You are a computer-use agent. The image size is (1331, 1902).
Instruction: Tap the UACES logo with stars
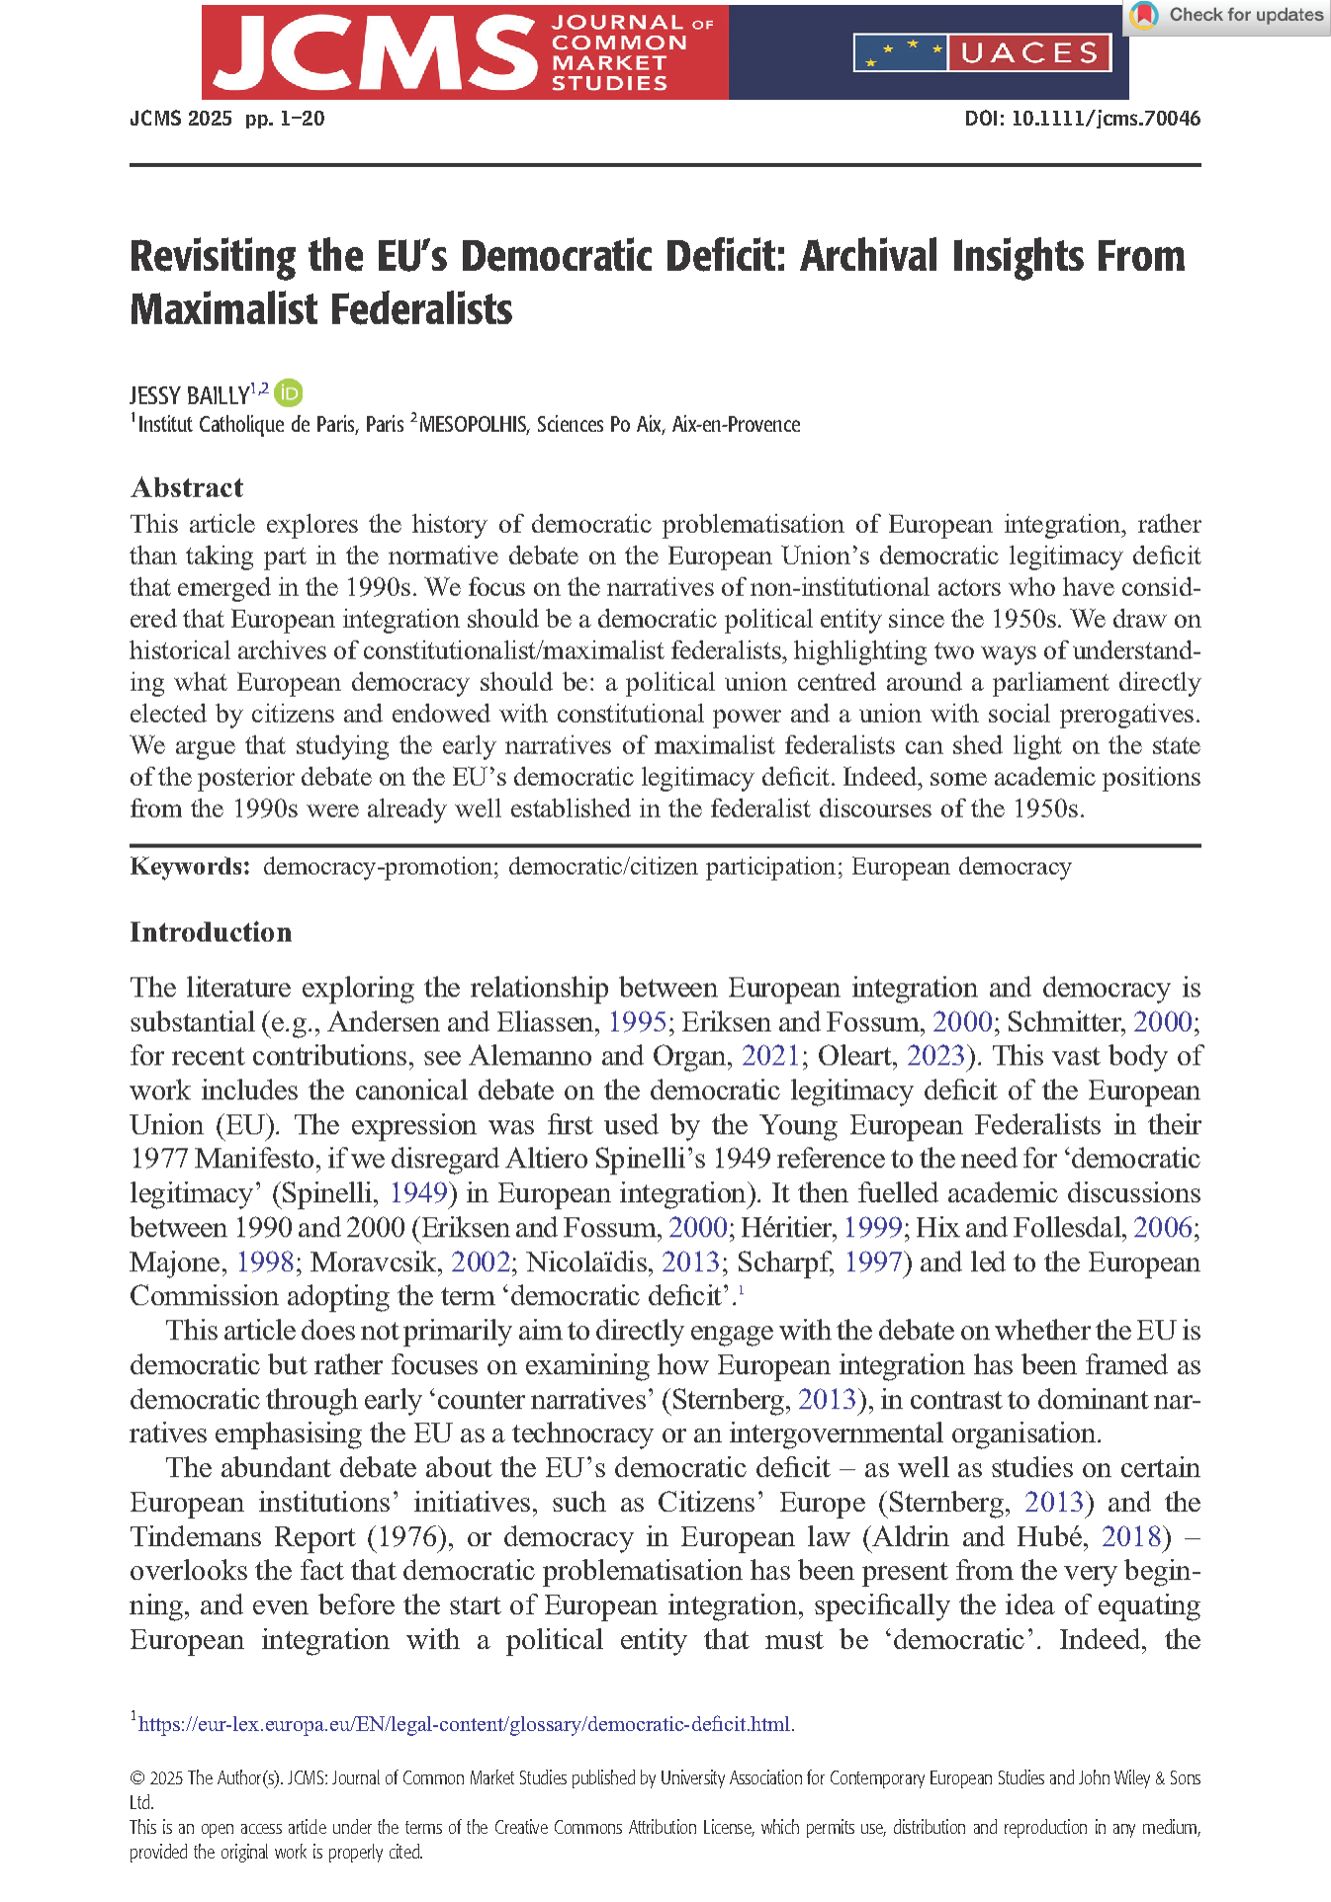(x=982, y=52)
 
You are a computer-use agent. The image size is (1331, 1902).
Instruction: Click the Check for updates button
(x=1228, y=16)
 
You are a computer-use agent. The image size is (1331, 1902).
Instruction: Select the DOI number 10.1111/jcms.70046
(x=1106, y=119)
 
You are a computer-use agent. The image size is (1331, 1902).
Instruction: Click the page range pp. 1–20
(x=285, y=119)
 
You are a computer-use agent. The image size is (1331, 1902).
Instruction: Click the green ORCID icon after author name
(x=289, y=393)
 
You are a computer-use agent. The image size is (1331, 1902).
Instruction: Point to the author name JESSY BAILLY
(x=189, y=395)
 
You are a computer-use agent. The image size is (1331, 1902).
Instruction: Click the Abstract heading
(x=187, y=487)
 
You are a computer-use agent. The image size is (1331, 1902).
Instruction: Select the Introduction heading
(x=211, y=932)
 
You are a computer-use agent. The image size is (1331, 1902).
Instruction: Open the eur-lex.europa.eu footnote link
(x=465, y=1724)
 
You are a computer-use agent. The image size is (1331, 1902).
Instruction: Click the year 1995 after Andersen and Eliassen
(x=637, y=1022)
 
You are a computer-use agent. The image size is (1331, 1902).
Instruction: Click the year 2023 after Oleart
(x=934, y=1056)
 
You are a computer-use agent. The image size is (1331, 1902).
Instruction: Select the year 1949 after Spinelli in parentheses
(x=418, y=1193)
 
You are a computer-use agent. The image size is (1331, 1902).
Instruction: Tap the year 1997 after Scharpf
(x=873, y=1262)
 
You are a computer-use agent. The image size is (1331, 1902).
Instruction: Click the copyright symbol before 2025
(x=137, y=1778)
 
